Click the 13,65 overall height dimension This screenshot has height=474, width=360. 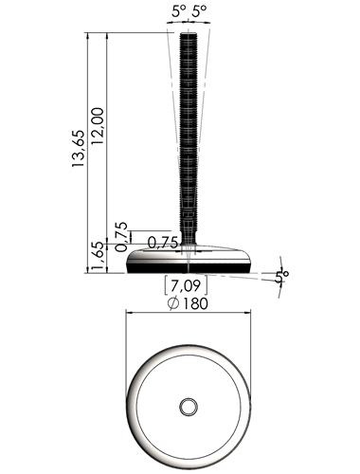pyautogui.click(x=79, y=148)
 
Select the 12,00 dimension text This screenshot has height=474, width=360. pyautogui.click(x=98, y=126)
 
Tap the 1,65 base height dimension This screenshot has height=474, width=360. pyautogui.click(x=98, y=258)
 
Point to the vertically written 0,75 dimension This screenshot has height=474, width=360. pyautogui.click(x=121, y=237)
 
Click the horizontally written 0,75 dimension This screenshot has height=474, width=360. pyautogui.click(x=163, y=243)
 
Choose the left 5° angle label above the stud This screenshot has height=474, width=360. pyautogui.click(x=179, y=12)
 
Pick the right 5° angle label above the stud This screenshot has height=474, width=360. pyautogui.click(x=200, y=12)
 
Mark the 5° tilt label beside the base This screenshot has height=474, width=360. pyautogui.click(x=281, y=277)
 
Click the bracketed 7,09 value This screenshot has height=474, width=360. pyautogui.click(x=186, y=286)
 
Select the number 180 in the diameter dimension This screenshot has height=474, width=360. pyautogui.click(x=195, y=303)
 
